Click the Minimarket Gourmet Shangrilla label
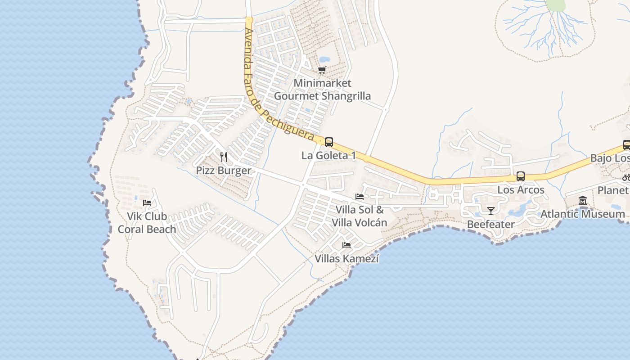click(x=322, y=90)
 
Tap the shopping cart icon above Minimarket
click(x=322, y=70)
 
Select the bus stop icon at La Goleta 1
click(x=329, y=142)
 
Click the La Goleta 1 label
click(x=328, y=156)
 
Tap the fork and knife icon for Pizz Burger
click(x=224, y=157)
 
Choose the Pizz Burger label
click(x=224, y=171)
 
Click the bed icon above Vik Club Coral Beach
click(x=147, y=202)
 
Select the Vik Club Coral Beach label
click(x=147, y=223)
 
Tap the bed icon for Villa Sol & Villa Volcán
click(x=360, y=196)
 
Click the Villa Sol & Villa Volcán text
click(x=359, y=216)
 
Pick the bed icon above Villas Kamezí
click(x=346, y=245)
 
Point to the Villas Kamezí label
click(x=346, y=259)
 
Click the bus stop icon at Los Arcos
click(x=521, y=176)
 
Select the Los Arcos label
click(x=521, y=190)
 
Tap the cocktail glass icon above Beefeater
click(x=490, y=211)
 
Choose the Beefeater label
click(x=490, y=224)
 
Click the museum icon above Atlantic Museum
click(x=583, y=200)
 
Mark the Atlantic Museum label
click(x=583, y=214)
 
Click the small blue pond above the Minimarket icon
click(x=324, y=59)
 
